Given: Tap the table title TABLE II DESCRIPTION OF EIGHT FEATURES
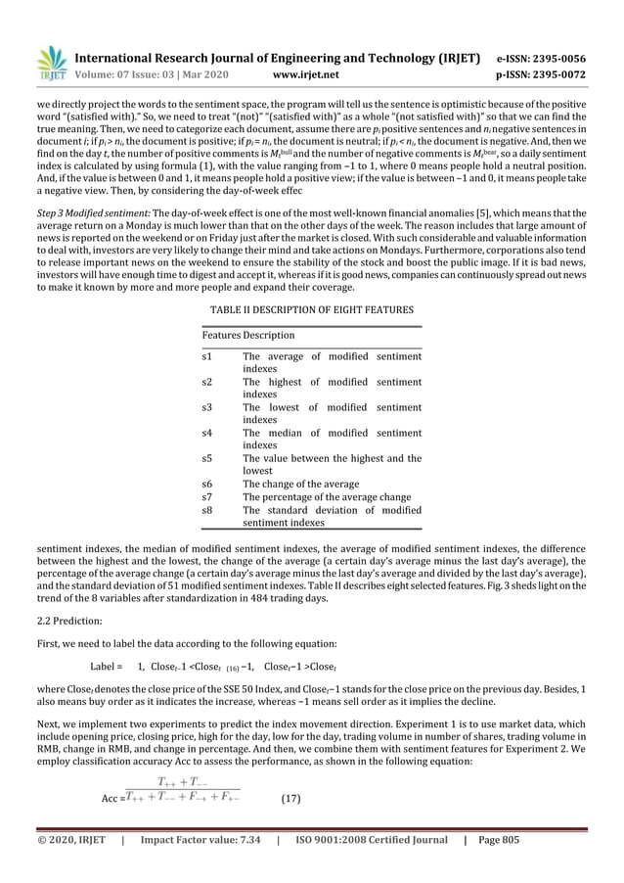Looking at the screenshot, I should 312,309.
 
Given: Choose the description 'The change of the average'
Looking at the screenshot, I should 300,484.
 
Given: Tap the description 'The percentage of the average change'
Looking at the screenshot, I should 327,496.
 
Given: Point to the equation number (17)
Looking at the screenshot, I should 290,799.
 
